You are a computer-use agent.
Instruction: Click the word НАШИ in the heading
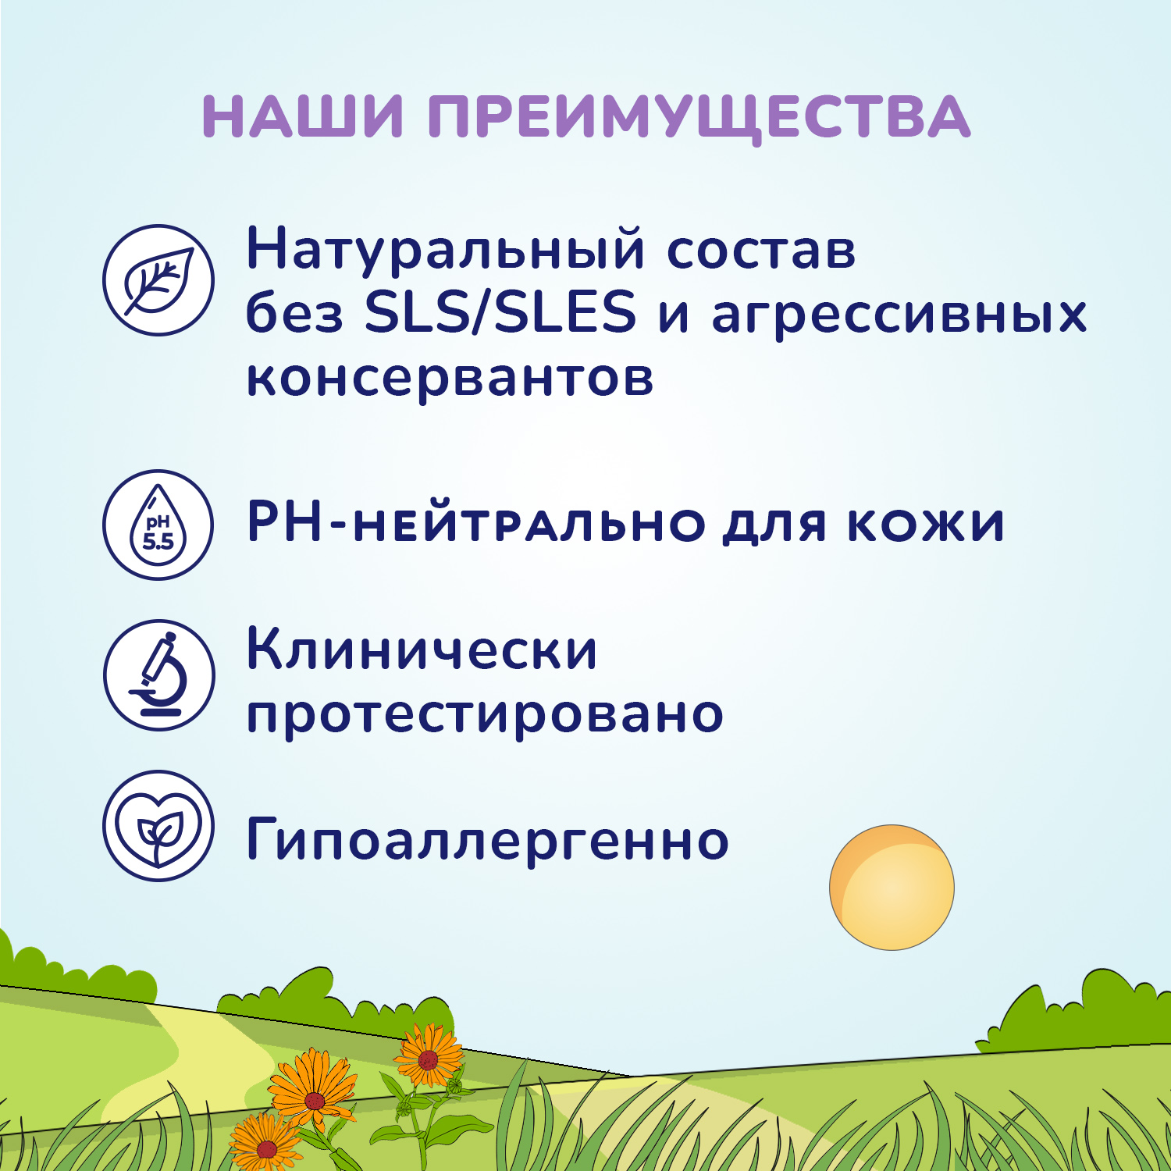tap(303, 117)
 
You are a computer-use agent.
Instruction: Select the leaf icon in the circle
tap(158, 280)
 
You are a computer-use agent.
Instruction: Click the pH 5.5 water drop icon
tap(158, 525)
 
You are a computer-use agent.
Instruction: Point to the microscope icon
tap(158, 675)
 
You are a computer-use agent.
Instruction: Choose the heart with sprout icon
tap(158, 826)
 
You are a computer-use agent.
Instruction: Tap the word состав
tap(761, 251)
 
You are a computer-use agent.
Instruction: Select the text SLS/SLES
tap(500, 312)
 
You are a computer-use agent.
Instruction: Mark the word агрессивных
tap(899, 315)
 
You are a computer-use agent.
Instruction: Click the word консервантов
tap(450, 378)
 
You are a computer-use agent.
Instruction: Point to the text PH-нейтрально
tap(476, 523)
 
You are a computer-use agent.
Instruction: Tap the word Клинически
tap(422, 650)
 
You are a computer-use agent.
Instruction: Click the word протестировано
tap(485, 714)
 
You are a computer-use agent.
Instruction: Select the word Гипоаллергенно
tap(487, 841)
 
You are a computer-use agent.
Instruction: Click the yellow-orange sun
tap(892, 888)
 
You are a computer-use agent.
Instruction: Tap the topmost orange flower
tap(429, 1057)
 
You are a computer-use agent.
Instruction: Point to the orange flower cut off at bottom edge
tap(265, 1144)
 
